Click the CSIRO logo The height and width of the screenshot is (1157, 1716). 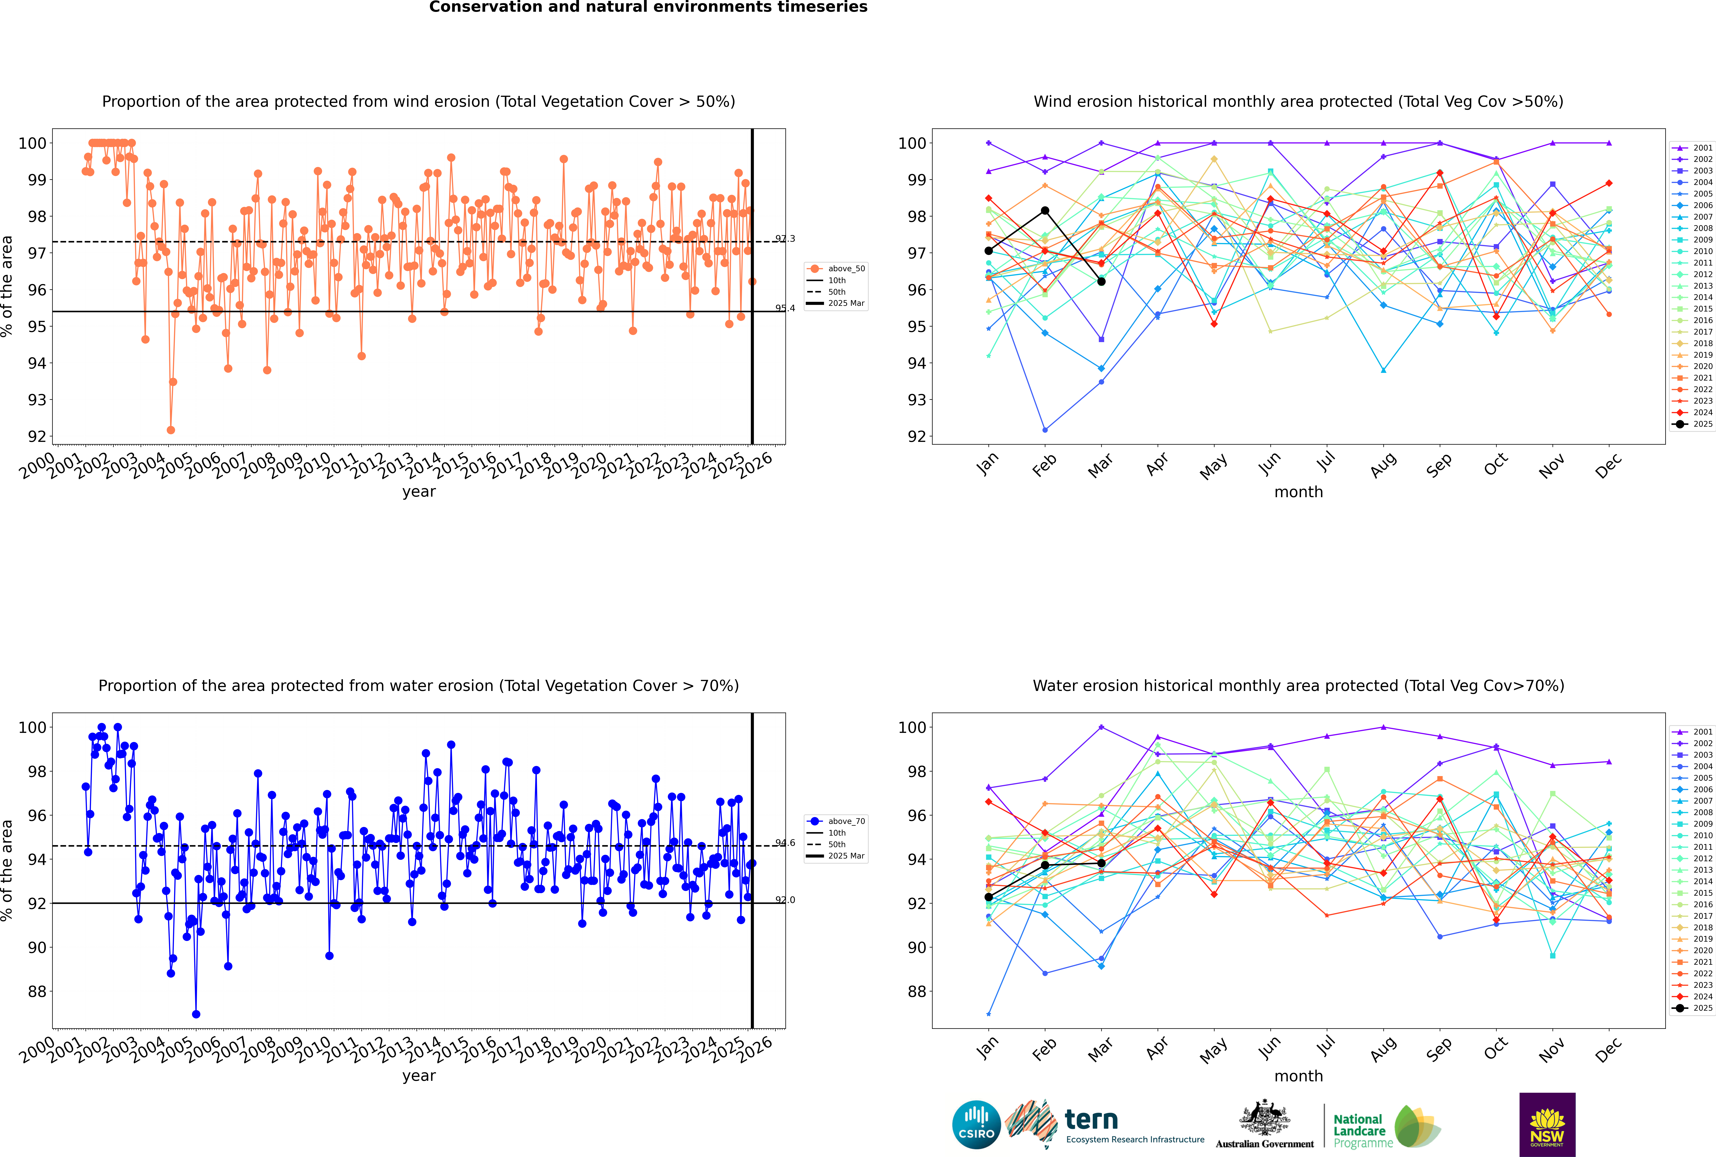click(x=976, y=1125)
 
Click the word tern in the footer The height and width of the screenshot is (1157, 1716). click(x=1091, y=1119)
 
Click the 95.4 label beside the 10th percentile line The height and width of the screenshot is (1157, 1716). click(x=785, y=308)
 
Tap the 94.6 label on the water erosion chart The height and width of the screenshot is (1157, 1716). click(x=785, y=843)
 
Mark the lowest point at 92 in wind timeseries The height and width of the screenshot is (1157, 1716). click(x=171, y=430)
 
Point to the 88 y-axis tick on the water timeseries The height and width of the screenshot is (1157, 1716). click(x=37, y=992)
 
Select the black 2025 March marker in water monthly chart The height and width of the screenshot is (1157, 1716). click(x=1101, y=863)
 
